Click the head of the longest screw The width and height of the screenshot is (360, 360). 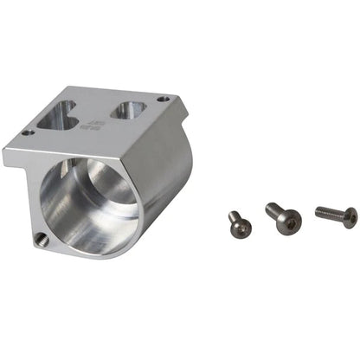point(349,217)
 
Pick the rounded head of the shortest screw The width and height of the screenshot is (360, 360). point(242,227)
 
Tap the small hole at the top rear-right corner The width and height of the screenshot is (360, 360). point(163,100)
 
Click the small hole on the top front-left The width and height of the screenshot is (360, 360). point(29,132)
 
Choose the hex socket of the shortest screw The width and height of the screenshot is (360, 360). point(244,228)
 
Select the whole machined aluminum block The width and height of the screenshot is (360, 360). point(100,169)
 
